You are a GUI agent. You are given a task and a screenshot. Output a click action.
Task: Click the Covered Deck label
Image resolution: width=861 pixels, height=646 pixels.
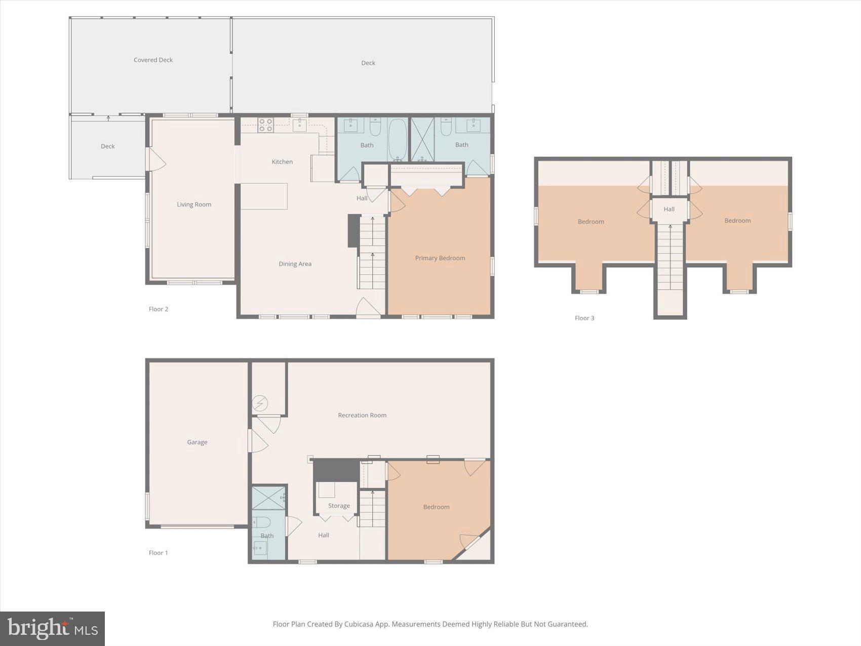tap(153, 60)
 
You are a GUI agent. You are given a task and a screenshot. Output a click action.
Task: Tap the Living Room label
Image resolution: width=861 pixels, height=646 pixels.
tap(194, 205)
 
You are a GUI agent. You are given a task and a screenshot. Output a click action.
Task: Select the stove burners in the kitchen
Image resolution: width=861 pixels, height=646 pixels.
tap(266, 125)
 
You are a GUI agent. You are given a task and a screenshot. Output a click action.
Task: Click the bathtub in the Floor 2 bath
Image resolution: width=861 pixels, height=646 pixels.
tap(398, 139)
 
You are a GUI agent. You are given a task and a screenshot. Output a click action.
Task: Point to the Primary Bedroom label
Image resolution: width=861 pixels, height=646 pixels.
tap(440, 258)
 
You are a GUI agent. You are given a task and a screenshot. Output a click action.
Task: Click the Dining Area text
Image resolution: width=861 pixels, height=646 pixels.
tap(295, 264)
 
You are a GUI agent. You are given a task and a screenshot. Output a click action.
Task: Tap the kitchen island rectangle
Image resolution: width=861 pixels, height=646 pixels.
tap(264, 197)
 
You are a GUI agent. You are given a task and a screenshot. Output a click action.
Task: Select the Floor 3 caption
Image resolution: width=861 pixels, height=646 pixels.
tap(584, 318)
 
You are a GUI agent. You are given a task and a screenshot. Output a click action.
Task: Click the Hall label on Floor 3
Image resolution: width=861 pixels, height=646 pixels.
tap(669, 209)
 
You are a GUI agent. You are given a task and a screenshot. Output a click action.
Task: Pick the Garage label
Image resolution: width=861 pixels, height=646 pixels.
tap(197, 442)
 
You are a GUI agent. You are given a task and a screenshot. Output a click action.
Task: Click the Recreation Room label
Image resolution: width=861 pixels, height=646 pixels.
tap(362, 415)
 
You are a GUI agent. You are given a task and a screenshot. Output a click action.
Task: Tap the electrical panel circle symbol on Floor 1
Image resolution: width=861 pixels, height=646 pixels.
tap(260, 404)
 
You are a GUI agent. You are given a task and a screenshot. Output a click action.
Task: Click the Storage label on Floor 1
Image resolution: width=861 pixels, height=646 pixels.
tap(339, 506)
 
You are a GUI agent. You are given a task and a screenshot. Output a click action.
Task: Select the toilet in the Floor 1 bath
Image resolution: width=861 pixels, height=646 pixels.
tap(262, 522)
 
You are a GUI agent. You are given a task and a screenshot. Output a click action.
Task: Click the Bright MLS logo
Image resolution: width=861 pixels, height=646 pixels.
tap(53, 629)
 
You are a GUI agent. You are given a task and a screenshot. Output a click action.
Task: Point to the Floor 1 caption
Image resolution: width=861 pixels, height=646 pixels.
tap(158, 553)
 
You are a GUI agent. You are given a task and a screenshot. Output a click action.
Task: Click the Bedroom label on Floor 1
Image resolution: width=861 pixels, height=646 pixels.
tap(436, 507)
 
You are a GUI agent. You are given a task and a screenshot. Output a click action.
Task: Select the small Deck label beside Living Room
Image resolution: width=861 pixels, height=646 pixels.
tap(107, 146)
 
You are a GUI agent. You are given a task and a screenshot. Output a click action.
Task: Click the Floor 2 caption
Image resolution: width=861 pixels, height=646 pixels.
tap(158, 309)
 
